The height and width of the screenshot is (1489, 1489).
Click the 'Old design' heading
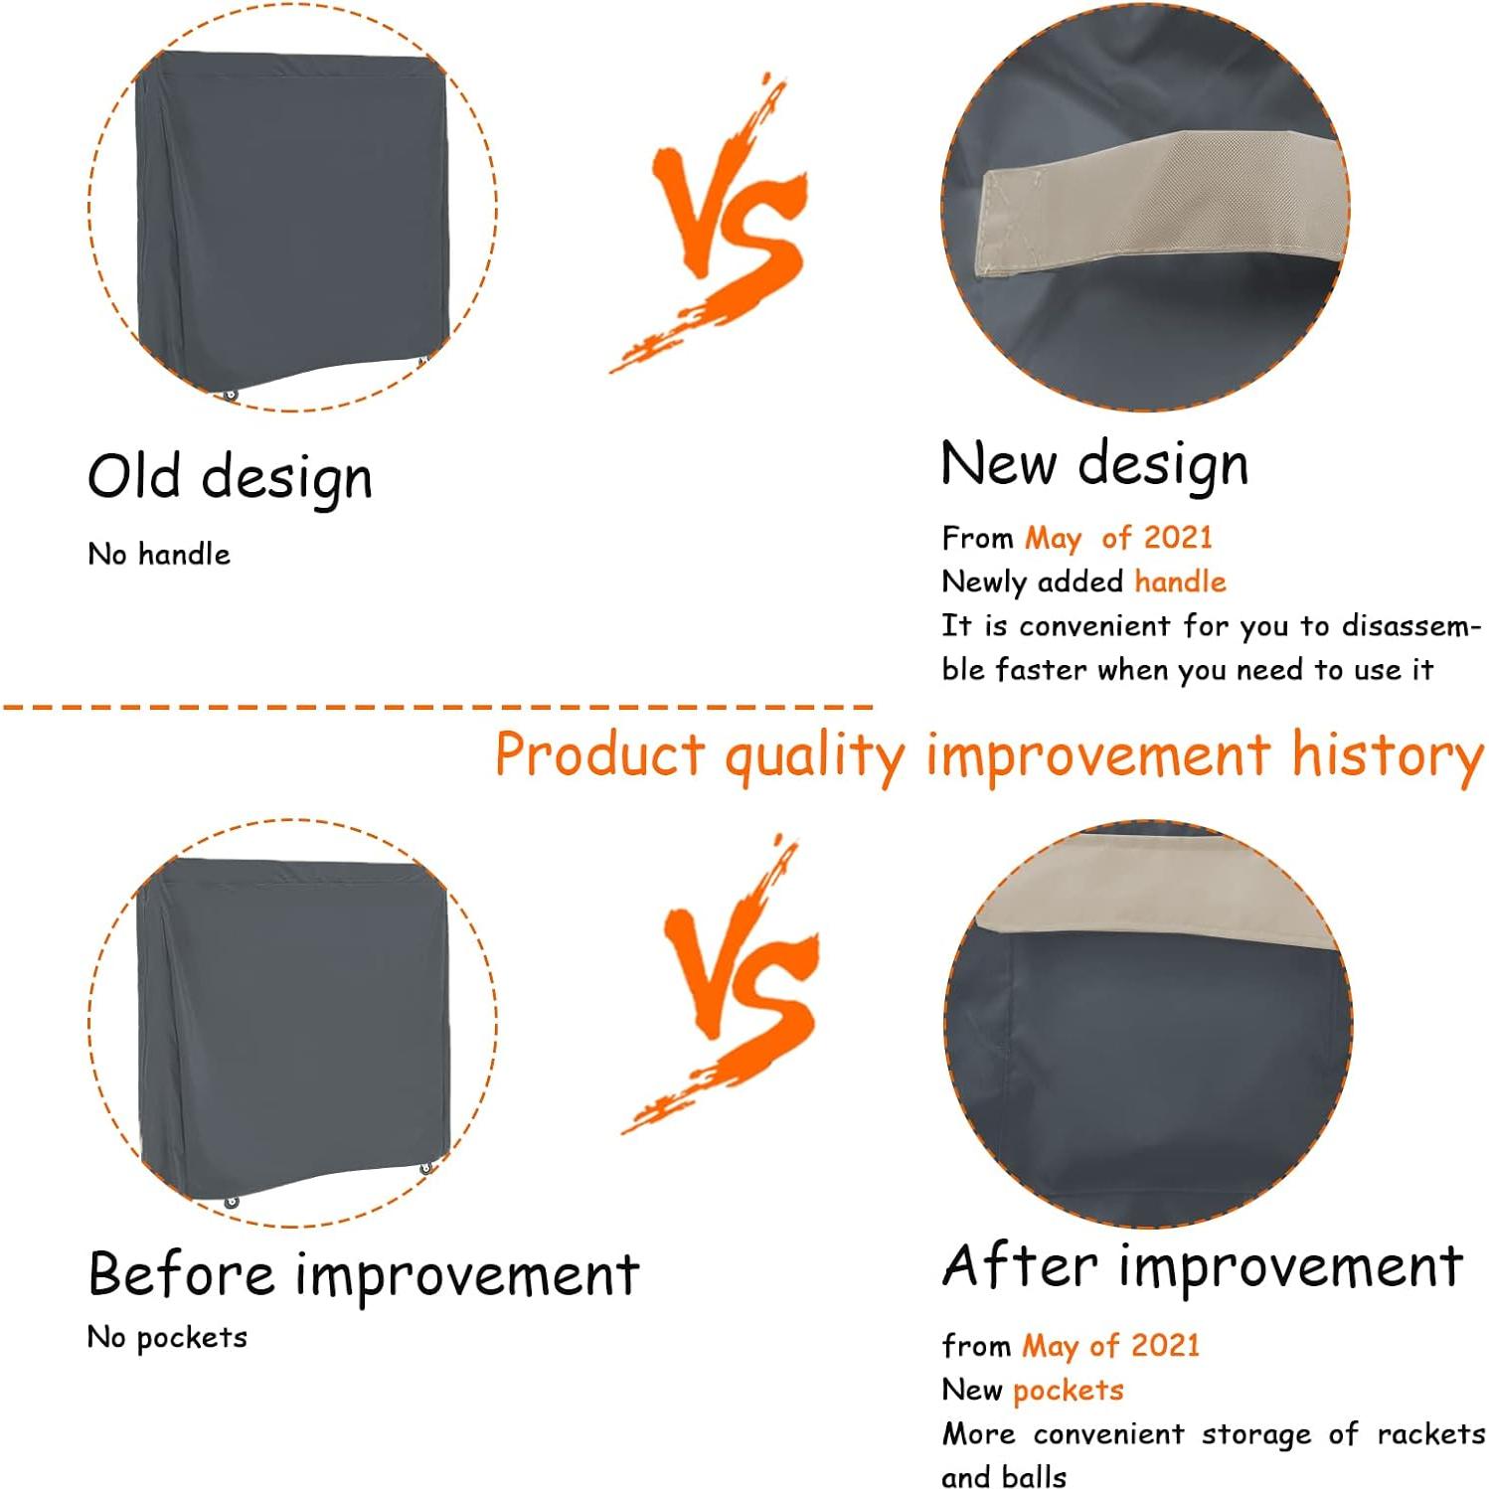click(230, 477)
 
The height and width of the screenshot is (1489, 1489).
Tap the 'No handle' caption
click(159, 554)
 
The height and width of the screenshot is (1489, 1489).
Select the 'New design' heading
click(1094, 464)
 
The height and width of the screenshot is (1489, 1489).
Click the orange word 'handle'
click(1180, 581)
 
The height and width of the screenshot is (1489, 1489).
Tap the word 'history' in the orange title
click(1387, 755)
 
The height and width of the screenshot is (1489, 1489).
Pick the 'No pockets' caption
click(167, 1338)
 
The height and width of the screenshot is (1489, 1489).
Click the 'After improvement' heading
click(1203, 1266)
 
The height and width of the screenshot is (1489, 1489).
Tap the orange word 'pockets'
click(1068, 1390)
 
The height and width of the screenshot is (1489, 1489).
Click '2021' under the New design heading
click(1178, 538)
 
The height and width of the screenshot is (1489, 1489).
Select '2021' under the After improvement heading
click(1165, 1345)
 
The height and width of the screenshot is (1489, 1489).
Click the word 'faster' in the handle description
click(1042, 669)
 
